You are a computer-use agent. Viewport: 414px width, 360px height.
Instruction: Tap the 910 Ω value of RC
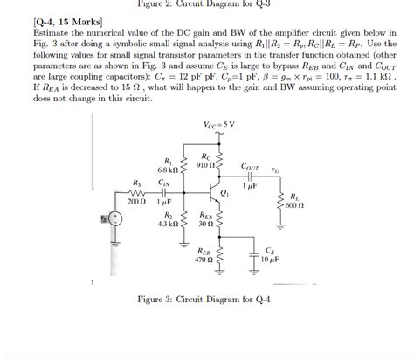(205, 165)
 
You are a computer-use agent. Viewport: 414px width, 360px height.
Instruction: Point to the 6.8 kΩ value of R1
(167, 169)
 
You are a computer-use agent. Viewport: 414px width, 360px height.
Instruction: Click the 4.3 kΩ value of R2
(167, 224)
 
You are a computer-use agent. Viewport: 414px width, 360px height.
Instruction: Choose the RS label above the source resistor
(137, 183)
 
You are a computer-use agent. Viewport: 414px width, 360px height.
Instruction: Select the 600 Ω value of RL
(294, 204)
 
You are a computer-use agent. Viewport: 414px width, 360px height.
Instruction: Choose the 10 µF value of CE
(270, 259)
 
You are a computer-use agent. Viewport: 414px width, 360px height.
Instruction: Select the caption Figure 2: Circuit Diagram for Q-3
(206, 4)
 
